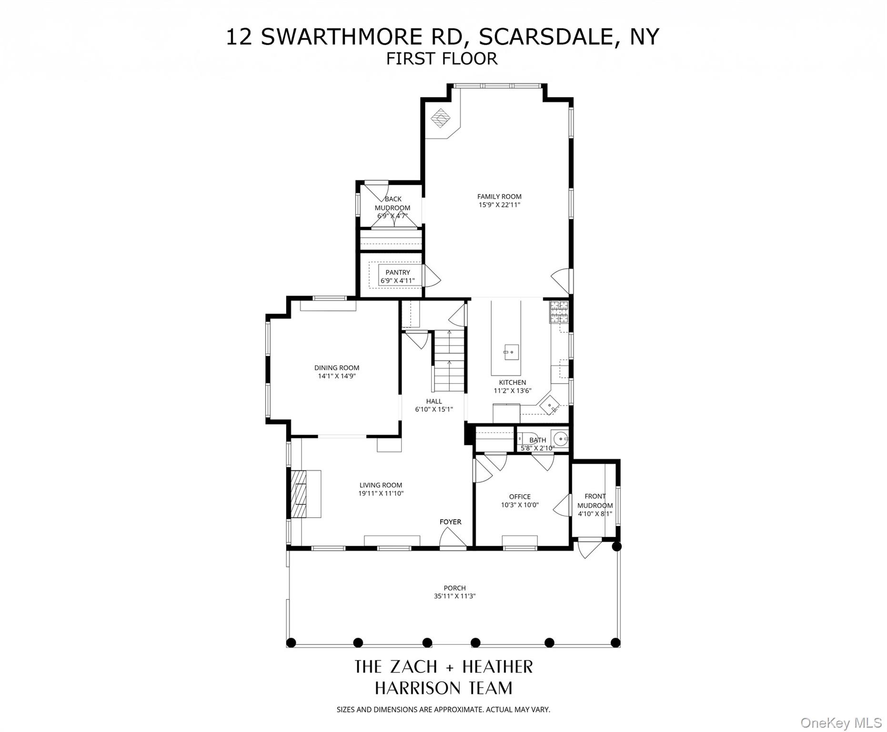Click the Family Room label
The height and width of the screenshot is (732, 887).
pyautogui.click(x=499, y=196)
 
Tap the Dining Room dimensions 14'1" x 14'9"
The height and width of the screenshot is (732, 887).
pyautogui.click(x=337, y=376)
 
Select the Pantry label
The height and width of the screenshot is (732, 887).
pyautogui.click(x=397, y=273)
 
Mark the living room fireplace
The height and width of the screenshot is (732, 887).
pyautogui.click(x=303, y=494)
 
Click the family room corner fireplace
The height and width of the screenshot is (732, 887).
pyautogui.click(x=441, y=118)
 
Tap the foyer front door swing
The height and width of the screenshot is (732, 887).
pyautogui.click(x=452, y=539)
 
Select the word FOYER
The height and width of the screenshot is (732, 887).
pyautogui.click(x=450, y=522)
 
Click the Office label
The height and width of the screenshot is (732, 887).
pyautogui.click(x=519, y=497)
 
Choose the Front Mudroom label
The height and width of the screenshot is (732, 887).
pyautogui.click(x=595, y=501)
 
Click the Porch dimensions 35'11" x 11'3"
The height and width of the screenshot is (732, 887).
pyautogui.click(x=454, y=596)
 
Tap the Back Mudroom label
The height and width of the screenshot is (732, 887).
pyautogui.click(x=393, y=203)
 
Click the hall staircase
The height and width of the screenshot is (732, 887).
pyautogui.click(x=448, y=360)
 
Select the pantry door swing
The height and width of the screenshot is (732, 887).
pyautogui.click(x=432, y=276)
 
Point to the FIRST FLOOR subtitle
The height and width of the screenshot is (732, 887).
pyautogui.click(x=442, y=59)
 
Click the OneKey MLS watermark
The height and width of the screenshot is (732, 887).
pyautogui.click(x=841, y=723)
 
